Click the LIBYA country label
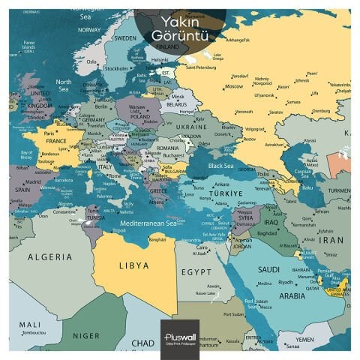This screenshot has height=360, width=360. coord(134,265)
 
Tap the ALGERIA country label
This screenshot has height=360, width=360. coord(50,256)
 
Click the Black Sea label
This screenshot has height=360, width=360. coord(220,165)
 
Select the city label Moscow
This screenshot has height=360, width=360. coord(233,86)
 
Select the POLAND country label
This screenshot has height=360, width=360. coord(139,117)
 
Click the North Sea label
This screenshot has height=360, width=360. coord(63,85)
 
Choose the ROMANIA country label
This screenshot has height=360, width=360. coord(168,149)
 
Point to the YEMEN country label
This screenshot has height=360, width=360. coord(303,338)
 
